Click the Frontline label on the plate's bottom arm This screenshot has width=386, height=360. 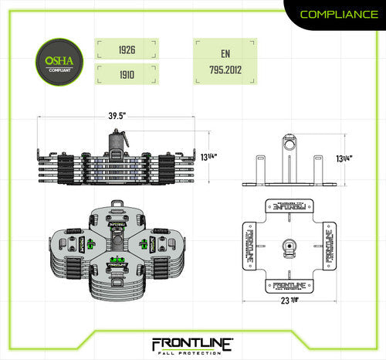coord(290,285)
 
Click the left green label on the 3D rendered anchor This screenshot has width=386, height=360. coord(91,244)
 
